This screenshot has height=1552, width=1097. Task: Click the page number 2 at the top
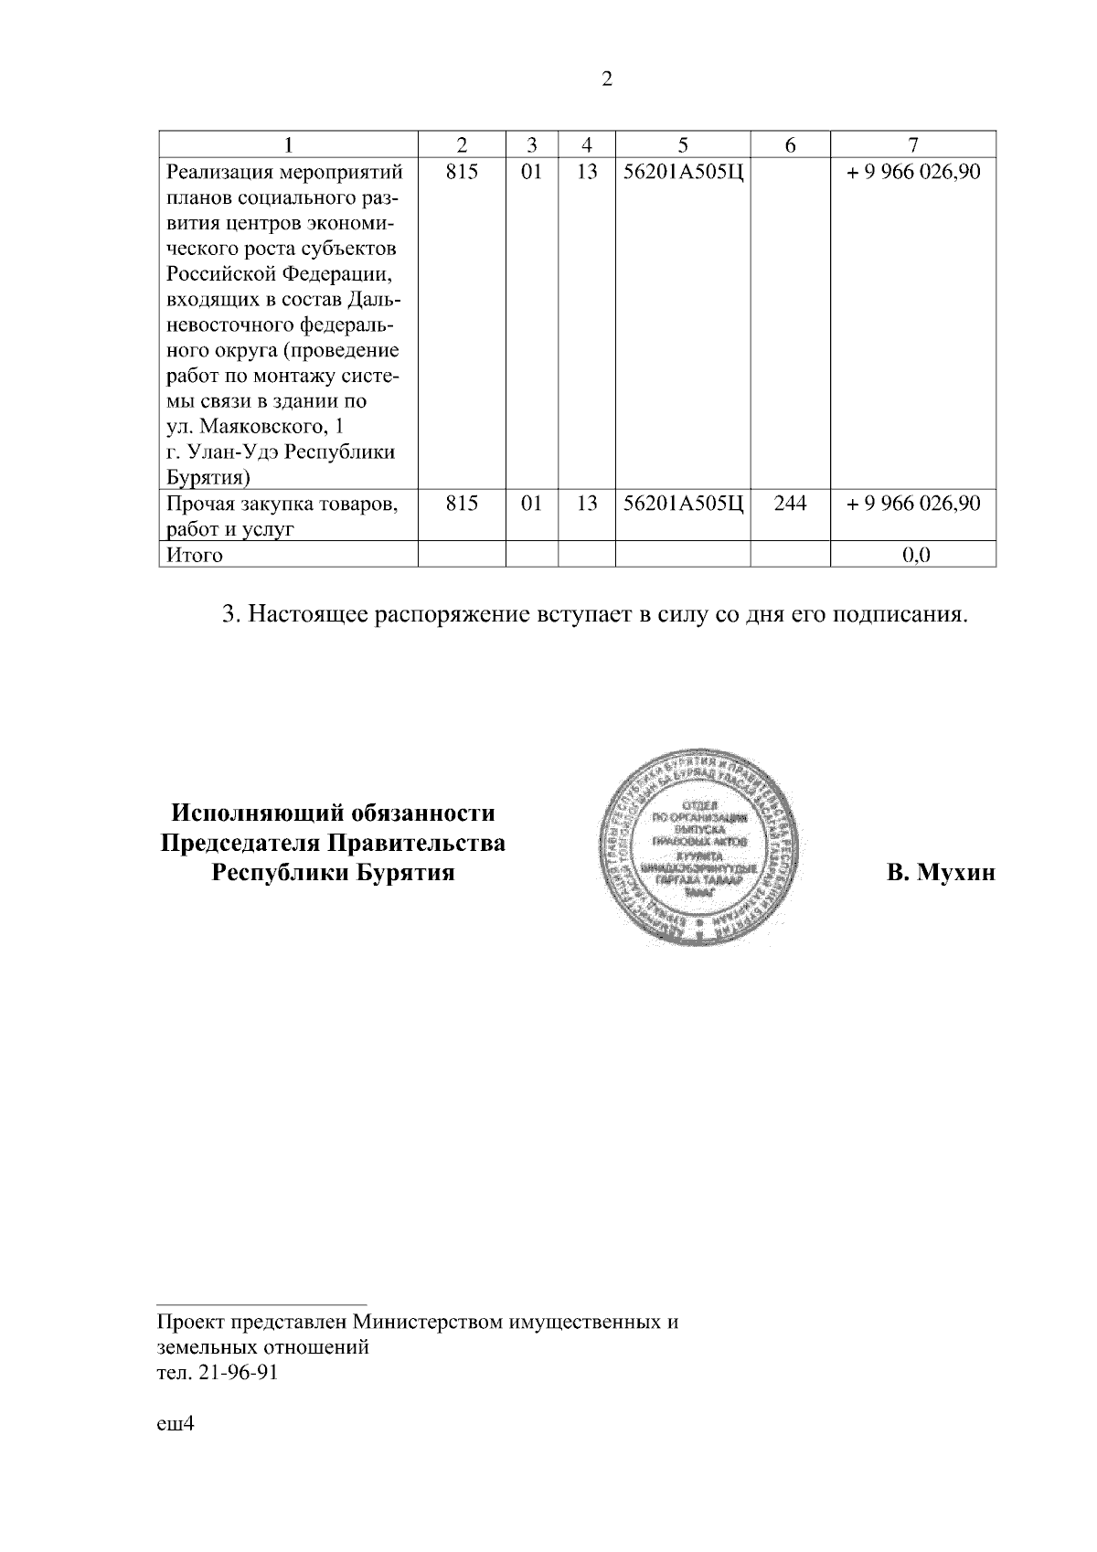pos(607,80)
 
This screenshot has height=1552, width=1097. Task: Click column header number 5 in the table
pos(683,144)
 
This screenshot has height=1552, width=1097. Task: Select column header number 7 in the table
pos(912,144)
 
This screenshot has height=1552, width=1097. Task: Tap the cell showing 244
pos(790,503)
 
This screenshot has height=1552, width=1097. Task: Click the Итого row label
pos(194,555)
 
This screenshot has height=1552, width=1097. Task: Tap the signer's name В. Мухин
pos(941,873)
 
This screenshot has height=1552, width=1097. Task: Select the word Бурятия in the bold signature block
pos(405,872)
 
